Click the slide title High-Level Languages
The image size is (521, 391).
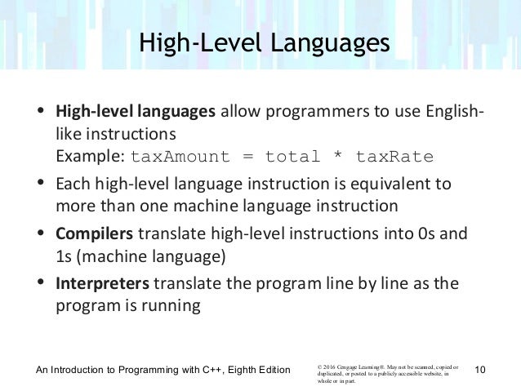[260, 42]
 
